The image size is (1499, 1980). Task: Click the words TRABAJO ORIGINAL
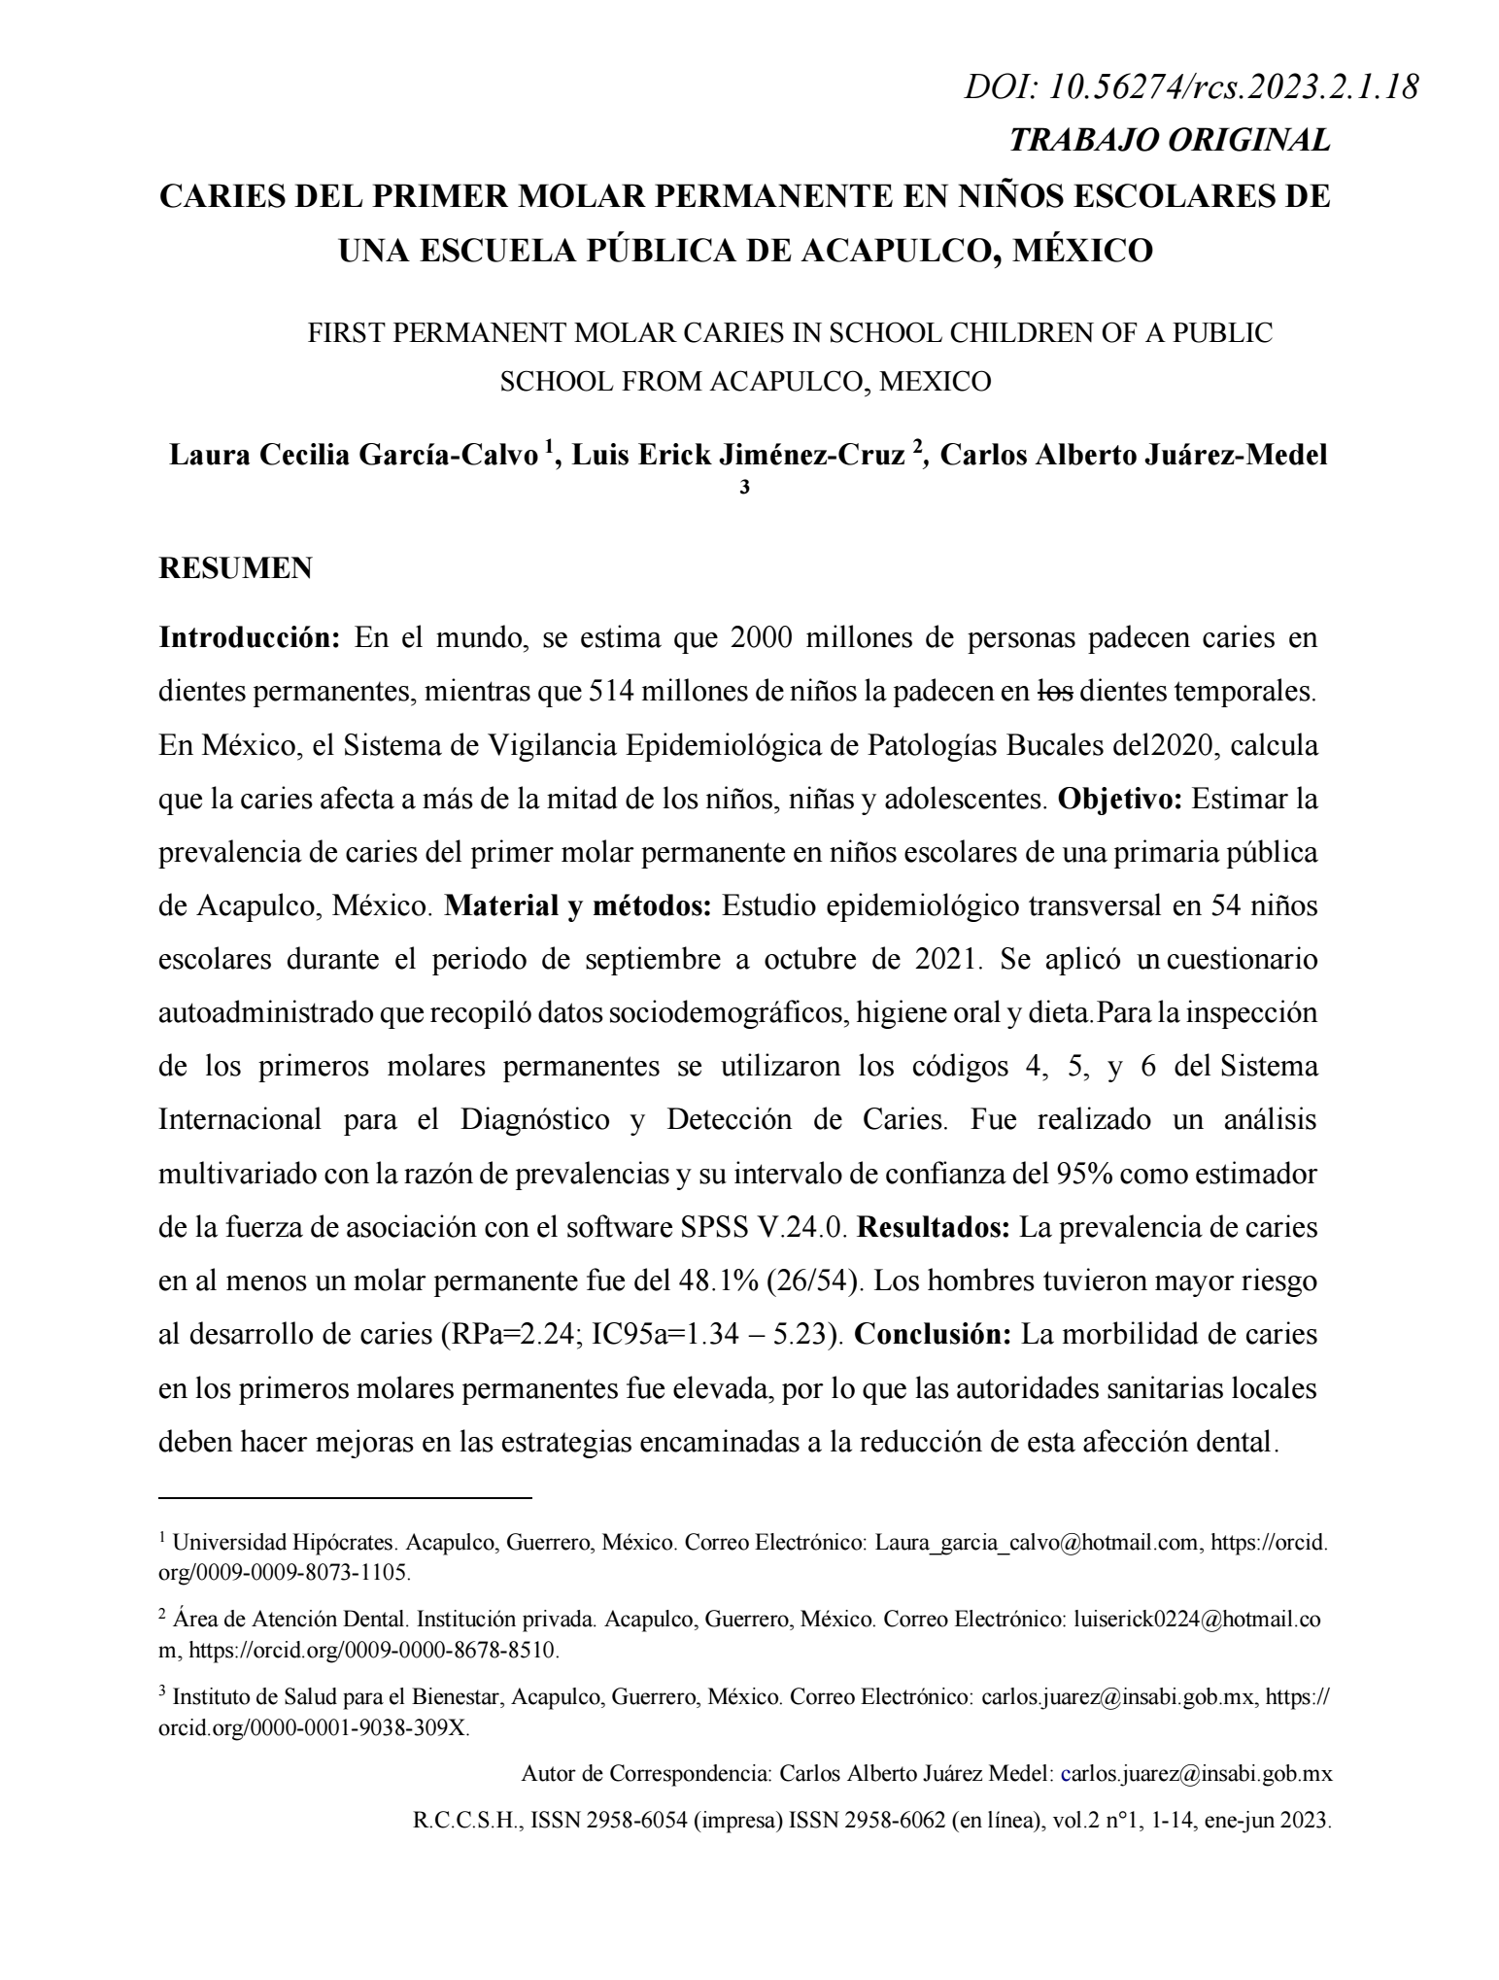(x=1170, y=141)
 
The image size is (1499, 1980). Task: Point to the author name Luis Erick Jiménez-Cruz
(x=738, y=455)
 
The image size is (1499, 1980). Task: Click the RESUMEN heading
(x=235, y=568)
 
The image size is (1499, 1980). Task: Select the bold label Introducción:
(x=249, y=638)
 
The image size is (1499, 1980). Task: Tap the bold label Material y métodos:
(x=579, y=906)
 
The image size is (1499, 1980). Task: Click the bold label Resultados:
(x=935, y=1227)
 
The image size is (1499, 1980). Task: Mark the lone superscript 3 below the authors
(x=745, y=488)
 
